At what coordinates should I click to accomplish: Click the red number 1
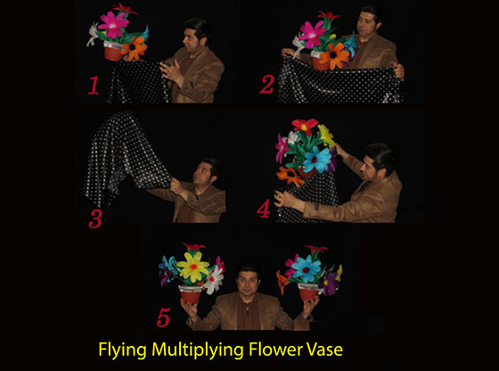click(x=94, y=86)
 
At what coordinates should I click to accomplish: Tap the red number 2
click(x=267, y=85)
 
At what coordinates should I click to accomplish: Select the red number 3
click(x=95, y=218)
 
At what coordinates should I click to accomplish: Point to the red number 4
click(x=264, y=209)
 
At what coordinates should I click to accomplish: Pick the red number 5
click(x=163, y=317)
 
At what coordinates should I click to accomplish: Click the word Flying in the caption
click(x=123, y=350)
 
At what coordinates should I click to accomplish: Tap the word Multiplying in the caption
click(x=198, y=350)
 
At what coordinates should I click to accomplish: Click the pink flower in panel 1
click(x=113, y=24)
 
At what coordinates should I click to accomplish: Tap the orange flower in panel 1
click(x=135, y=48)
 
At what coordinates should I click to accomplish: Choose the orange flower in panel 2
click(x=334, y=56)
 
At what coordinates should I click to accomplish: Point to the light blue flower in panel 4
click(x=317, y=160)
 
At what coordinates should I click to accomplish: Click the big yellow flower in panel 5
click(x=192, y=267)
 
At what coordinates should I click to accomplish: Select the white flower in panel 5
click(x=214, y=280)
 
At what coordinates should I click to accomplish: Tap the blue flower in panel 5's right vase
click(x=307, y=269)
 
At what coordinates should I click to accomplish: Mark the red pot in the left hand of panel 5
click(x=191, y=294)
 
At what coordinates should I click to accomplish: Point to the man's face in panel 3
click(x=203, y=173)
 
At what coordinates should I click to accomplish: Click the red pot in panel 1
click(x=113, y=51)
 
